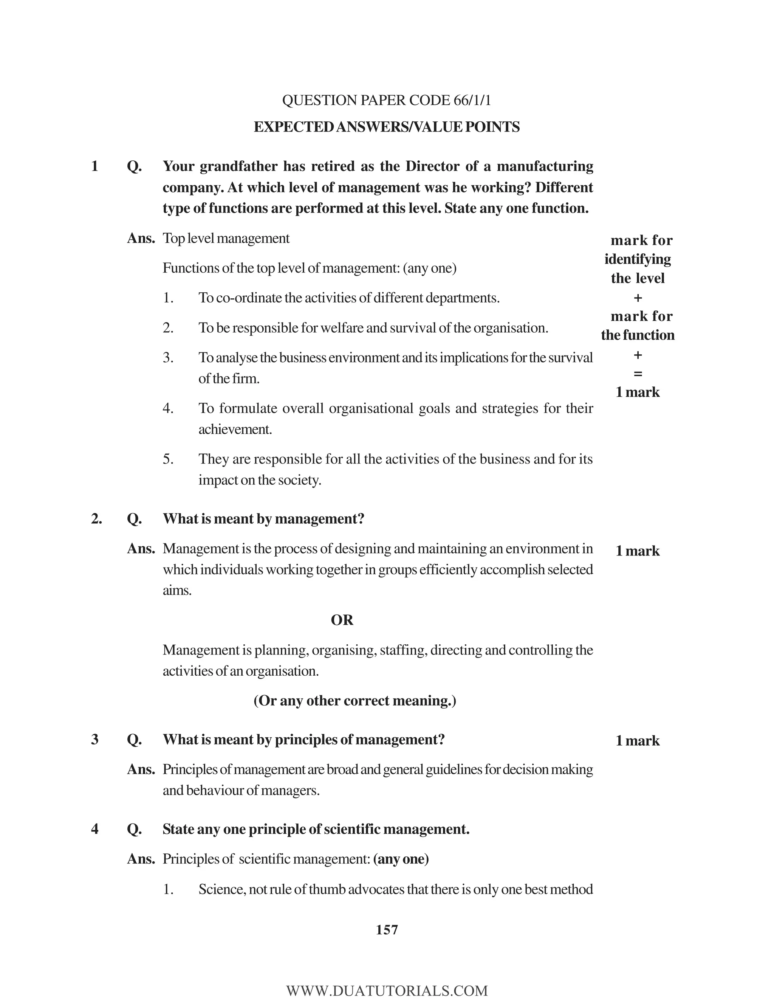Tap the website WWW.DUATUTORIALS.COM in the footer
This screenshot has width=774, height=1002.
[387, 991]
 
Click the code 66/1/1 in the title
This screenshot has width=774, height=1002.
[472, 101]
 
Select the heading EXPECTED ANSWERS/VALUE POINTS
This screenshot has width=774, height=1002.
[387, 127]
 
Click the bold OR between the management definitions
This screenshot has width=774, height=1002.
[342, 620]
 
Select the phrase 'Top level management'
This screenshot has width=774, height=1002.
[226, 239]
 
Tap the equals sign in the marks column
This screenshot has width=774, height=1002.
[637, 374]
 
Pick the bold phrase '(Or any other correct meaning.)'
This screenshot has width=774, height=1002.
[354, 701]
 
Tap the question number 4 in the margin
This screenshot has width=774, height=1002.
[95, 829]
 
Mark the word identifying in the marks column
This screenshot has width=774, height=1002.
[637, 259]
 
